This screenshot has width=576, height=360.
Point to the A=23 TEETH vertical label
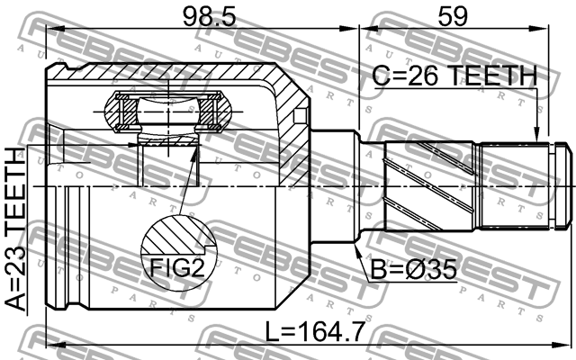17,229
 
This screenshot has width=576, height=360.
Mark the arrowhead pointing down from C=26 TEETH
538,135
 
